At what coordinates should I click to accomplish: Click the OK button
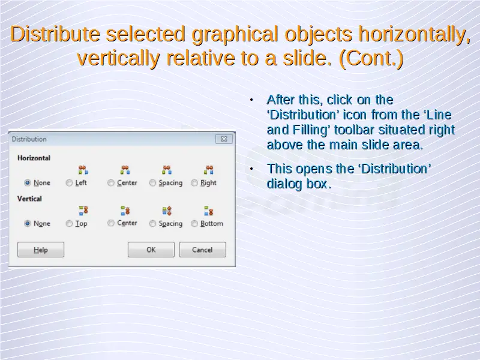151,250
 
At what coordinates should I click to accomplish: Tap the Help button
41,250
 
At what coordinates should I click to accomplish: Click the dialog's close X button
224,139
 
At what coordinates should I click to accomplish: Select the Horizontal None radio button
28,183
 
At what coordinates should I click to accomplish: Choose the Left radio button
69,183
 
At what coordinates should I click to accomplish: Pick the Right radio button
194,183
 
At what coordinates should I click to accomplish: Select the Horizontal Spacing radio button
152,183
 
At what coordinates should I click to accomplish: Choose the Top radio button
69,223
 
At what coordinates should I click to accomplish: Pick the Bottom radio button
194,223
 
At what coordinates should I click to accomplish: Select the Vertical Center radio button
111,223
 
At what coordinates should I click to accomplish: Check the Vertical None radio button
28,223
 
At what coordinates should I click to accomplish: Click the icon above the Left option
83,170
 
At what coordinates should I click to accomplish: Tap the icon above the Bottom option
208,211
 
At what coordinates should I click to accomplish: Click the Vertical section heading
29,199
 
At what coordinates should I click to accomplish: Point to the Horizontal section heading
34,158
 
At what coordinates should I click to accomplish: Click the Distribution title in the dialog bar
29,139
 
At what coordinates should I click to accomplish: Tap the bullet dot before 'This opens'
251,169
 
